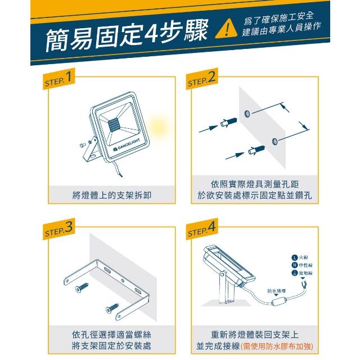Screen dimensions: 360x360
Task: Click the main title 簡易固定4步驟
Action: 128,37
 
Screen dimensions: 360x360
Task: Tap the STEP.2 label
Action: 201,79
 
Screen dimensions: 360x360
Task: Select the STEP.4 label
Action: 201,229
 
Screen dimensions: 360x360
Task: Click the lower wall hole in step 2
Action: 274,140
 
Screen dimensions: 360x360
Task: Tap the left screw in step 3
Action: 83,290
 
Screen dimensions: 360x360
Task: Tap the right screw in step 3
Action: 110,308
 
